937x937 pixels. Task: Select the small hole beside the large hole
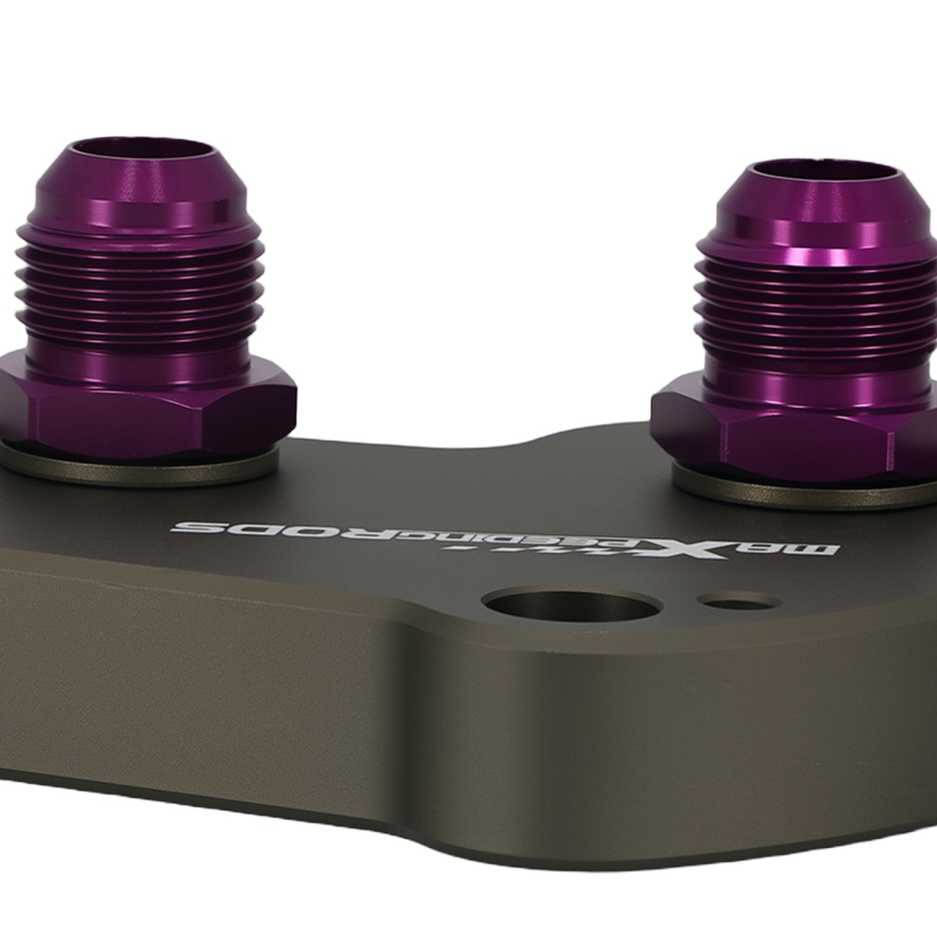click(x=736, y=602)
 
